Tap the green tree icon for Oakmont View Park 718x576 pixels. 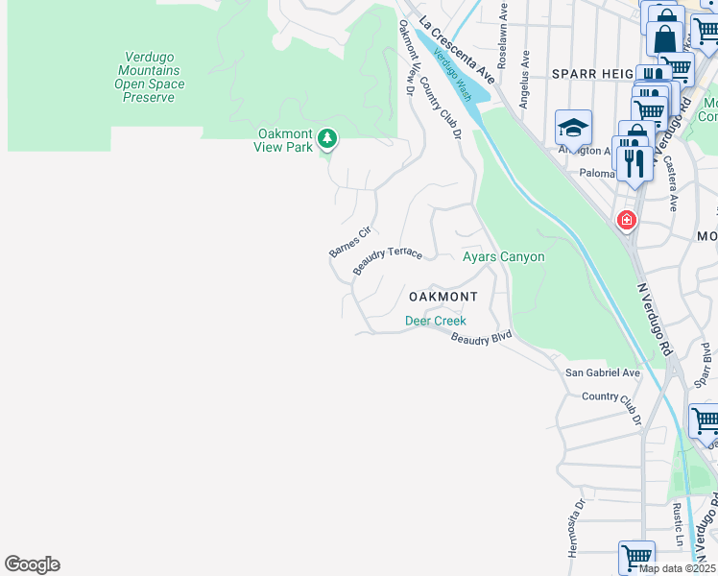pos(327,139)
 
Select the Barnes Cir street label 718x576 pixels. pos(349,242)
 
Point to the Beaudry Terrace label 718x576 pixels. pos(387,259)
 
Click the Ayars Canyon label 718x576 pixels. pos(503,257)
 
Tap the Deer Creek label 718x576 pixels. pos(435,321)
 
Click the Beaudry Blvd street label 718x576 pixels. pos(481,337)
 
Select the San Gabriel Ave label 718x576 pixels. pos(602,372)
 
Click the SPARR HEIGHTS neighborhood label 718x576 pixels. pos(590,73)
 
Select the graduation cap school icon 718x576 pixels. pos(573,127)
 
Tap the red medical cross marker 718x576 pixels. pos(626,221)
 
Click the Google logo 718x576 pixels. pos(32,564)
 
